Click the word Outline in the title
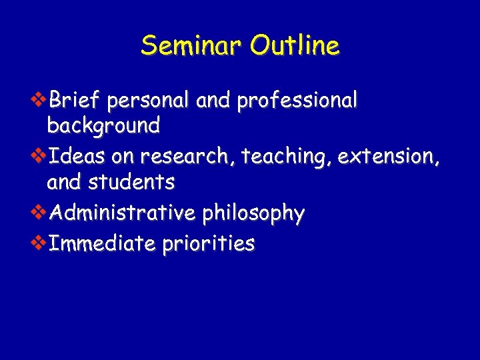tap(294, 45)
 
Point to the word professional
tap(297, 101)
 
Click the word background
tap(103, 125)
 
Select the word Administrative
tap(123, 213)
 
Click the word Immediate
tap(102, 243)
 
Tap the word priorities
tap(207, 244)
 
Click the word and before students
tap(64, 181)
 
